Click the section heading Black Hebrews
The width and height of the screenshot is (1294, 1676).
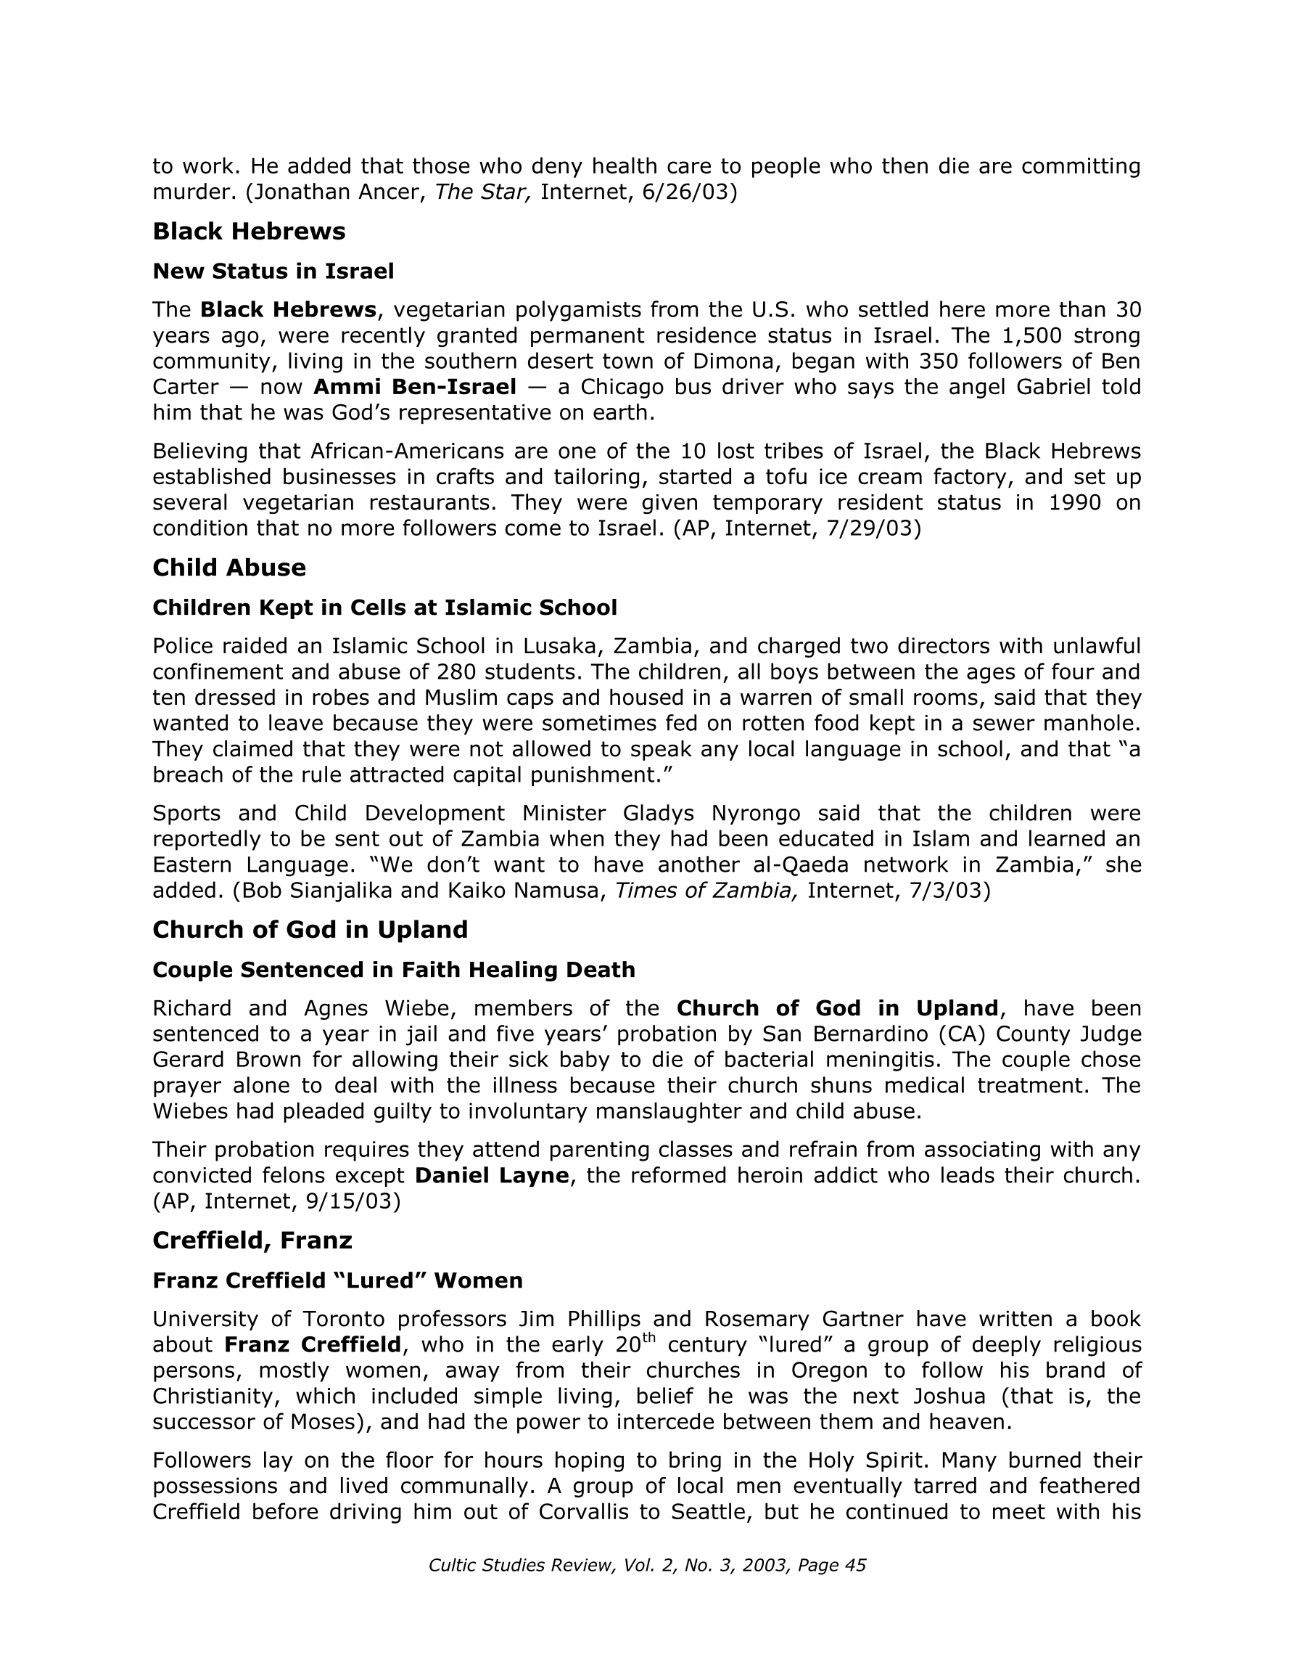click(x=249, y=231)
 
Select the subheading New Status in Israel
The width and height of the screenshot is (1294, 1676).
click(x=273, y=271)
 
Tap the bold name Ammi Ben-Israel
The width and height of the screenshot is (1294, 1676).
click(x=414, y=387)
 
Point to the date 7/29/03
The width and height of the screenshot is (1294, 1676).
click(x=873, y=528)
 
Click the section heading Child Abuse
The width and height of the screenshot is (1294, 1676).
click(x=228, y=567)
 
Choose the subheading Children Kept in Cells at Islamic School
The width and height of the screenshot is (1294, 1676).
click(x=384, y=607)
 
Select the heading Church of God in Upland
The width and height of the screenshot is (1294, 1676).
click(x=310, y=929)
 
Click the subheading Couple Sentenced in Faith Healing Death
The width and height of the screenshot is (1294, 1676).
click(x=393, y=969)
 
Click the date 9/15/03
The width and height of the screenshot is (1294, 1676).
click(x=353, y=1201)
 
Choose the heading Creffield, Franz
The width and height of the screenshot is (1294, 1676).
click(x=252, y=1240)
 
